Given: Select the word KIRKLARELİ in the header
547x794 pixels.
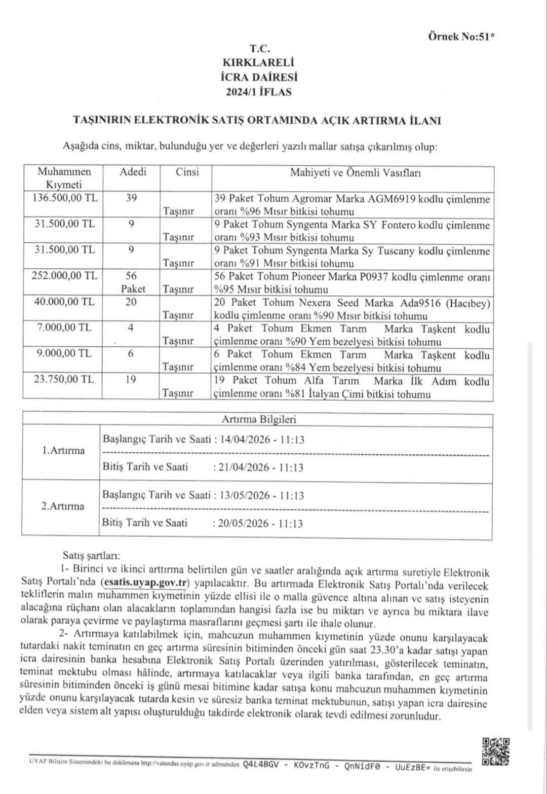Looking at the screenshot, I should point(258,63).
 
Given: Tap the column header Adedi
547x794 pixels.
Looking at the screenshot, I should point(133,172).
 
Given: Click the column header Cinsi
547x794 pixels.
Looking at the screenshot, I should point(187,172).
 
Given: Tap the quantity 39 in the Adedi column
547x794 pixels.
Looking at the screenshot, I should point(131,198).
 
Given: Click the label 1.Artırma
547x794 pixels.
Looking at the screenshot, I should point(63,451).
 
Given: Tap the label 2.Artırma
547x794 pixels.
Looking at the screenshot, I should point(63,506).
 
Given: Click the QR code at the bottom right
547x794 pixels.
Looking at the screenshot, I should point(495,751).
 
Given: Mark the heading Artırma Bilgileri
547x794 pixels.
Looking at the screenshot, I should point(259,419).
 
